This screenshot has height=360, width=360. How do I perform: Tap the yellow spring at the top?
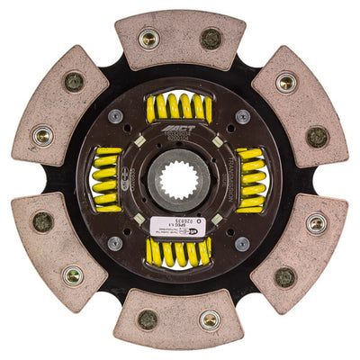click(x=179, y=108)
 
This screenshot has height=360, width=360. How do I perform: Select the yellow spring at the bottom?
click(x=179, y=252)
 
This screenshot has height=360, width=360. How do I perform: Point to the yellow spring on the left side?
click(x=107, y=179)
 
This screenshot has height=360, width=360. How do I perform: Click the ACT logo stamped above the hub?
click(x=183, y=135)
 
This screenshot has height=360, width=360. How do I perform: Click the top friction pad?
click(x=179, y=40)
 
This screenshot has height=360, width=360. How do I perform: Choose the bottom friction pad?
click(x=179, y=319)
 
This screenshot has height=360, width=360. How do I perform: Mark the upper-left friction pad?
click(x=59, y=108)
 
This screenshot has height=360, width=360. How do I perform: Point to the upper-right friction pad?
click(x=300, y=108)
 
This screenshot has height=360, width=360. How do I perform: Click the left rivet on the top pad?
click(x=149, y=39)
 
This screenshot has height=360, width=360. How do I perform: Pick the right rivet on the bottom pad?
click(x=210, y=319)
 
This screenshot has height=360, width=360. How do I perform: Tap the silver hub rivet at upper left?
click(x=116, y=116)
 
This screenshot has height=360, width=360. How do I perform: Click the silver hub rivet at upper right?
click(x=243, y=116)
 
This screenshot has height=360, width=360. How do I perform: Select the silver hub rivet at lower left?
click(x=116, y=243)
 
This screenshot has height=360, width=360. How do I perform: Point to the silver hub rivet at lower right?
click(x=243, y=243)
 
